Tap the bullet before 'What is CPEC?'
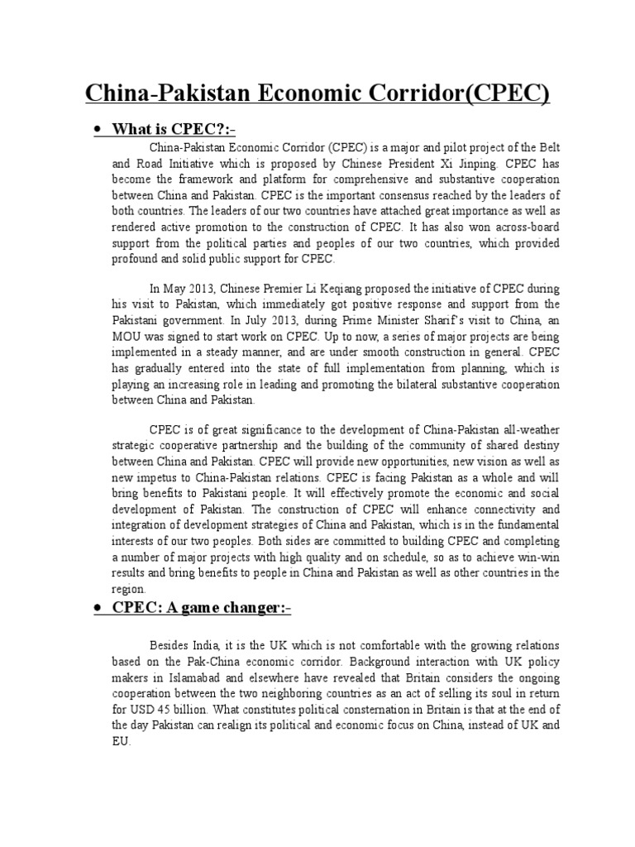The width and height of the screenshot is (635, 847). pos(98,131)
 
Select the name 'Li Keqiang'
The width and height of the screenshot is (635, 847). pos(318,289)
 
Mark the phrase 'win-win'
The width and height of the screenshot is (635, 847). pos(540,556)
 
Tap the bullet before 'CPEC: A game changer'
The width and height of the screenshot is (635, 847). pos(98,609)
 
